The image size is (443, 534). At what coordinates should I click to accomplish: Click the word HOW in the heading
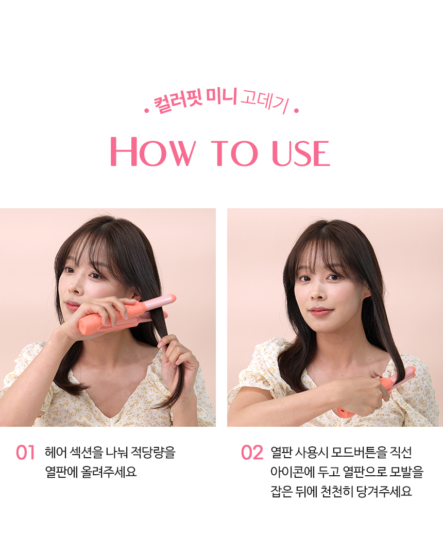click(153, 152)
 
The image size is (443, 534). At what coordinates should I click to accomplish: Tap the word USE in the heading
click(301, 153)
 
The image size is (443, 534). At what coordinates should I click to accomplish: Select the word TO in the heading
click(234, 153)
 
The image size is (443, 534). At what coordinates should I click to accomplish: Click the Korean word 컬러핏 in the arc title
click(178, 101)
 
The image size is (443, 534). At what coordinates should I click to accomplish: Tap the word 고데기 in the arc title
click(265, 101)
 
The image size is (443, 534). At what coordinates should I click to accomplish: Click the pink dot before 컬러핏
click(147, 111)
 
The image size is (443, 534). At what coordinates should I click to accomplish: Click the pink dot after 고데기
click(296, 111)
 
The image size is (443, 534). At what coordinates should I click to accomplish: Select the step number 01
click(25, 453)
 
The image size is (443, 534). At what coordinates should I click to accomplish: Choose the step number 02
click(252, 453)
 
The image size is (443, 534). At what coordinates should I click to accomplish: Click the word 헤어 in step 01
click(56, 453)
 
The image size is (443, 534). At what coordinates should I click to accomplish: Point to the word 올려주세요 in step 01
click(109, 472)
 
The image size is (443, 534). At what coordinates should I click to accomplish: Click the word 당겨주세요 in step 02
click(384, 491)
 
